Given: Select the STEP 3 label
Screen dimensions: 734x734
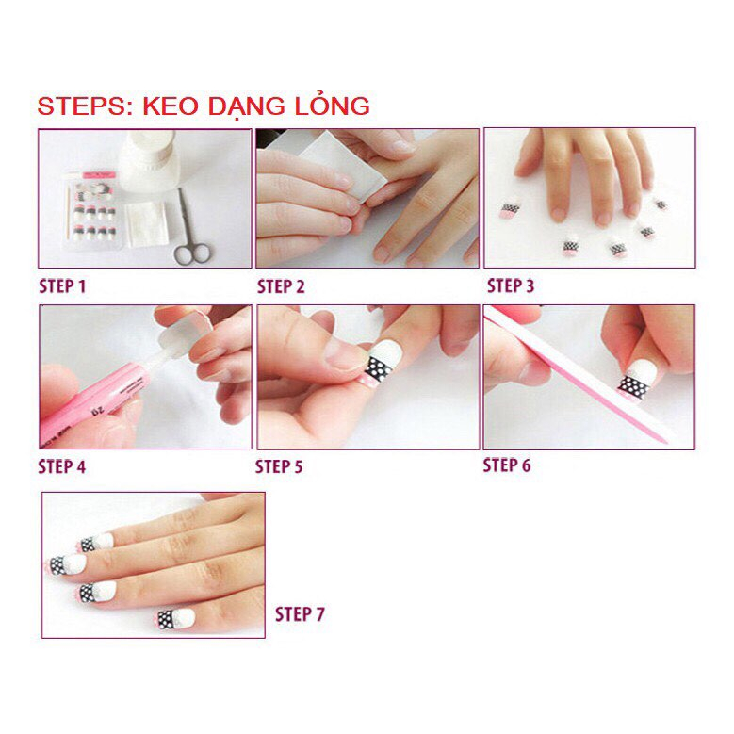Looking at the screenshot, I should [511, 285].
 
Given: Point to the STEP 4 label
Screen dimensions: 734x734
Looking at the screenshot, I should [62, 465].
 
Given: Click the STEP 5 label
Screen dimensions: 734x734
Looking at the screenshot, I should [280, 465].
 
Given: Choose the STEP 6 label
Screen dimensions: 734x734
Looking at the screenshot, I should [507, 465].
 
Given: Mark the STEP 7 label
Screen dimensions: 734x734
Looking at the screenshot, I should [300, 614].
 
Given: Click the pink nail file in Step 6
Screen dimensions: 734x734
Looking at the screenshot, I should [584, 377].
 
